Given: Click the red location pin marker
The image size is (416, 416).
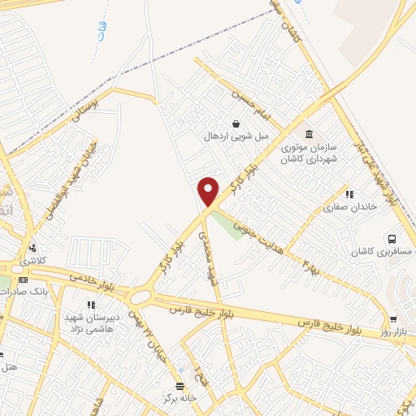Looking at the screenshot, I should click(209, 191).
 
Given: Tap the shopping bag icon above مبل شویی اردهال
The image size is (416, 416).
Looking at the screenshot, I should click(236, 124).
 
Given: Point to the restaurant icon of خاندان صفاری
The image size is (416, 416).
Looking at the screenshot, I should click(349, 194).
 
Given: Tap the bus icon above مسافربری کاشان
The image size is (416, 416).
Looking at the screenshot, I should click(392, 240).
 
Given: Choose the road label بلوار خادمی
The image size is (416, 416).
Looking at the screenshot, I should click(89, 284).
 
